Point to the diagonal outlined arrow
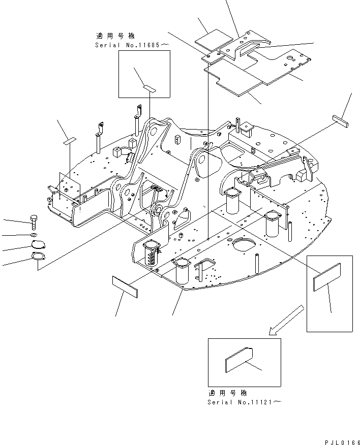(x=288, y=320)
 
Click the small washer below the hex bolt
(x=33, y=235)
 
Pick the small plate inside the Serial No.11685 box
(x=149, y=88)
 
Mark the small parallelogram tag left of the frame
(x=69, y=140)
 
